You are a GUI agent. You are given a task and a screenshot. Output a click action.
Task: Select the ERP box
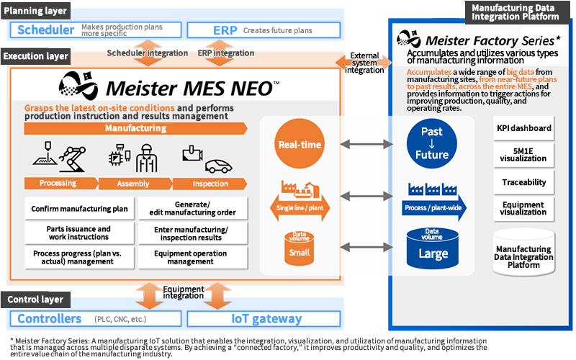[263, 30]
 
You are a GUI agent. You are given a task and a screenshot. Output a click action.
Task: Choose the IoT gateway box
[263, 319]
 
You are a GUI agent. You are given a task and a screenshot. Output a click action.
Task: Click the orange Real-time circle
[300, 145]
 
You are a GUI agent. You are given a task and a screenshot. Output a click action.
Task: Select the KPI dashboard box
[524, 128]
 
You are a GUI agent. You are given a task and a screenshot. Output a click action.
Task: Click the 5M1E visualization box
[524, 156]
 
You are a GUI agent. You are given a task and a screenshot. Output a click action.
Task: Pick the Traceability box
[524, 182]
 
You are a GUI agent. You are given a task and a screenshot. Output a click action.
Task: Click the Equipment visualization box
[524, 208]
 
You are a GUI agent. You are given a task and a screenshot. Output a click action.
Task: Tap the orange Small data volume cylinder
[300, 247]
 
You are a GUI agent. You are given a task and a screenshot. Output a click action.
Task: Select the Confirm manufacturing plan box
[79, 209]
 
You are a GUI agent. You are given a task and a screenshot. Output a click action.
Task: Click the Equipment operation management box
[192, 257]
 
